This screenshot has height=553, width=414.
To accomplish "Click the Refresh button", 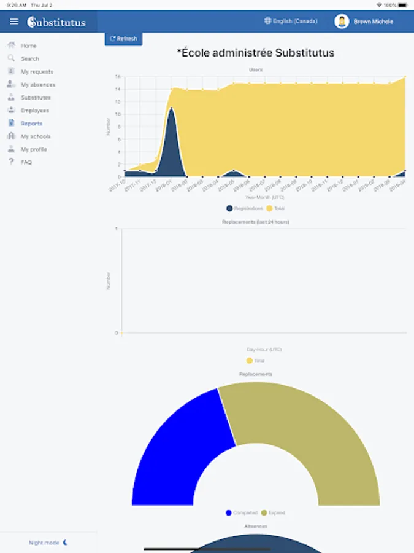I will click(123, 39).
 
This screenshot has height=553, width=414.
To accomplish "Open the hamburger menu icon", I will click(14, 22).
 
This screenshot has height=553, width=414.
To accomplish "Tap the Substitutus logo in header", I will click(56, 22).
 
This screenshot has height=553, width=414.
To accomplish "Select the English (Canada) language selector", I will click(291, 22).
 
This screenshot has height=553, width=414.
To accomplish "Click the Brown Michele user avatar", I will click(342, 22).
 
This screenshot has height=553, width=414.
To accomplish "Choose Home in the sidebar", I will click(28, 45).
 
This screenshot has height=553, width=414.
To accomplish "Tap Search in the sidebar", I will click(29, 58).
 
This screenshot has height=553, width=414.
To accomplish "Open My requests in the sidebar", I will click(37, 72).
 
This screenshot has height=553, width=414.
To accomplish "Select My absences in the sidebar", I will click(37, 85).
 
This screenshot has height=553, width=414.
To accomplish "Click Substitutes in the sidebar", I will click(36, 98).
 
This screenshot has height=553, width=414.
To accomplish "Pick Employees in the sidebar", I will click(34, 111).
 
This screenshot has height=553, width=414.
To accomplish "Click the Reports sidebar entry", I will click(31, 124).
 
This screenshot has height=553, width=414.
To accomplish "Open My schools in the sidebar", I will click(36, 136).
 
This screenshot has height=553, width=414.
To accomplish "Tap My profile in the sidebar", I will click(34, 149).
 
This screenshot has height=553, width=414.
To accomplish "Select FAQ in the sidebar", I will click(26, 162).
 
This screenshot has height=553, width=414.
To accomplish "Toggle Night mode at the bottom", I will click(48, 543).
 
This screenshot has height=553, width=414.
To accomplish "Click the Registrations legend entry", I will click(244, 208).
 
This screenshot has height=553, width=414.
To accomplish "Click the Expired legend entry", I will click(273, 512).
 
